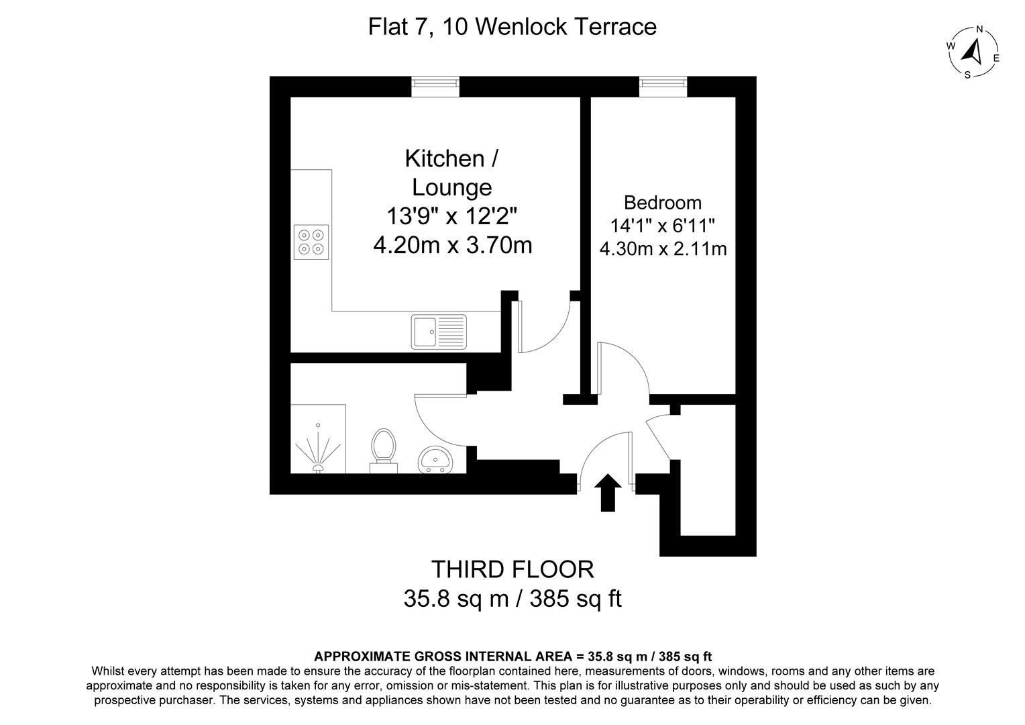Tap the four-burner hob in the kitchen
tap(311, 242)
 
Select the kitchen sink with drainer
tap(439, 331)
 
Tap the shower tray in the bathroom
tap(318, 439)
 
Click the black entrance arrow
tap(608, 492)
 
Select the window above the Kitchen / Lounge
tap(435, 83)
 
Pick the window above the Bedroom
tap(663, 83)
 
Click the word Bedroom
tap(663, 202)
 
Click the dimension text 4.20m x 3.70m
tap(453, 245)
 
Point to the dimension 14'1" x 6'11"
tap(663, 226)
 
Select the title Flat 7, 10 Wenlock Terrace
tap(512, 27)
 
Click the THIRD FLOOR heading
tap(512, 569)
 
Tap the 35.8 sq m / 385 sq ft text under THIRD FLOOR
tap(512, 598)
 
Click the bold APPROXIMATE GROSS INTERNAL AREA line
tap(512, 656)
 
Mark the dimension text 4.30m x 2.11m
tap(663, 249)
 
